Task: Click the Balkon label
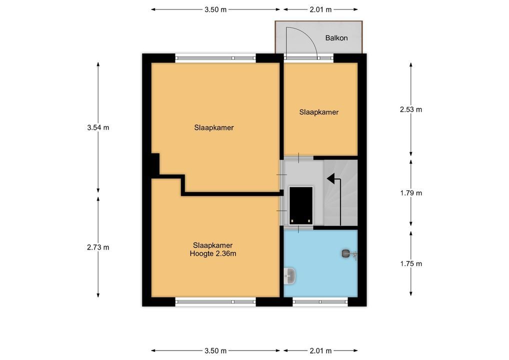[x=336, y=38]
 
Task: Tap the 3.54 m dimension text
[x=98, y=127]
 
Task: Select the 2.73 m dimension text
[x=98, y=247]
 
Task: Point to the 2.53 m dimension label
[x=411, y=109]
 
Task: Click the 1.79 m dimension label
[x=411, y=193]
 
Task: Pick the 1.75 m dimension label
[x=411, y=263]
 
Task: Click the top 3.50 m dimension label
[x=215, y=9]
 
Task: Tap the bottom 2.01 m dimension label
[x=320, y=350]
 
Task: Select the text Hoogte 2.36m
[x=213, y=253]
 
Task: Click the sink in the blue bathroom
[x=289, y=276]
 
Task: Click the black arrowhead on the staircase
[x=331, y=178]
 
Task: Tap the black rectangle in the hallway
[x=301, y=205]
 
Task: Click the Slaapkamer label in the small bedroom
[x=319, y=112]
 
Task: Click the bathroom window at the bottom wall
[x=320, y=301]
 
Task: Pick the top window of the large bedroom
[x=215, y=58]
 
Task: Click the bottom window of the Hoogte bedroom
[x=215, y=301]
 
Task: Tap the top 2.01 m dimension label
[x=320, y=9]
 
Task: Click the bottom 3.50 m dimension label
[x=215, y=350]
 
